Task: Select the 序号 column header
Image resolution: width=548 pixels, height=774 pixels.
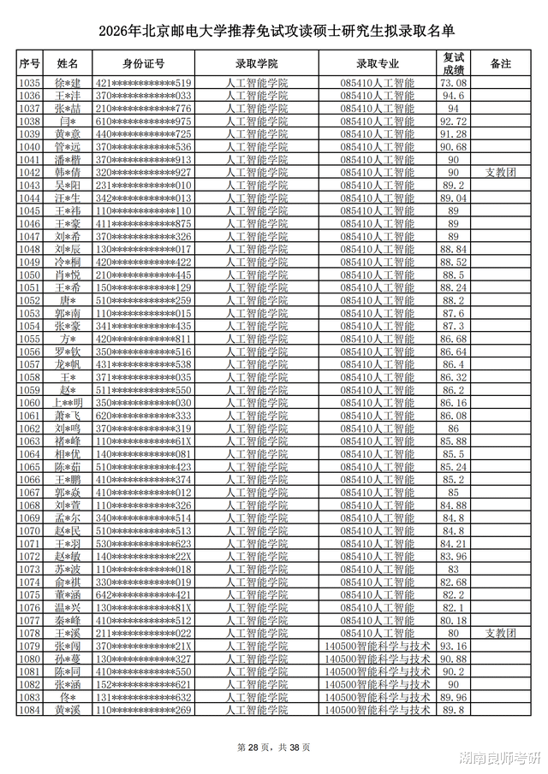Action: point(30,64)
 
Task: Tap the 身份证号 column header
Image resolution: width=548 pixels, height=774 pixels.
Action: point(143,64)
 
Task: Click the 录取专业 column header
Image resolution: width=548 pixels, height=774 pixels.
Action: point(377,64)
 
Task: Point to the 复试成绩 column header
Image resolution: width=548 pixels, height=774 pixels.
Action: point(453,64)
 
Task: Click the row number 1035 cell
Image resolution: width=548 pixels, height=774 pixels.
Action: point(30,83)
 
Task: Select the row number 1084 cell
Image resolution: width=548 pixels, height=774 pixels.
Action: point(30,710)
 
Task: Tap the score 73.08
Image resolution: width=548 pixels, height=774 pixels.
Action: point(453,83)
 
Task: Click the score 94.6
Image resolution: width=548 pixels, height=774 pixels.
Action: point(453,96)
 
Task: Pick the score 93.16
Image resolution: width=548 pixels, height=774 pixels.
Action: point(453,646)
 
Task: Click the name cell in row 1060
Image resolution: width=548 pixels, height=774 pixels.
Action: point(68,403)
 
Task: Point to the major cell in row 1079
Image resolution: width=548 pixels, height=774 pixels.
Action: point(377,646)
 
